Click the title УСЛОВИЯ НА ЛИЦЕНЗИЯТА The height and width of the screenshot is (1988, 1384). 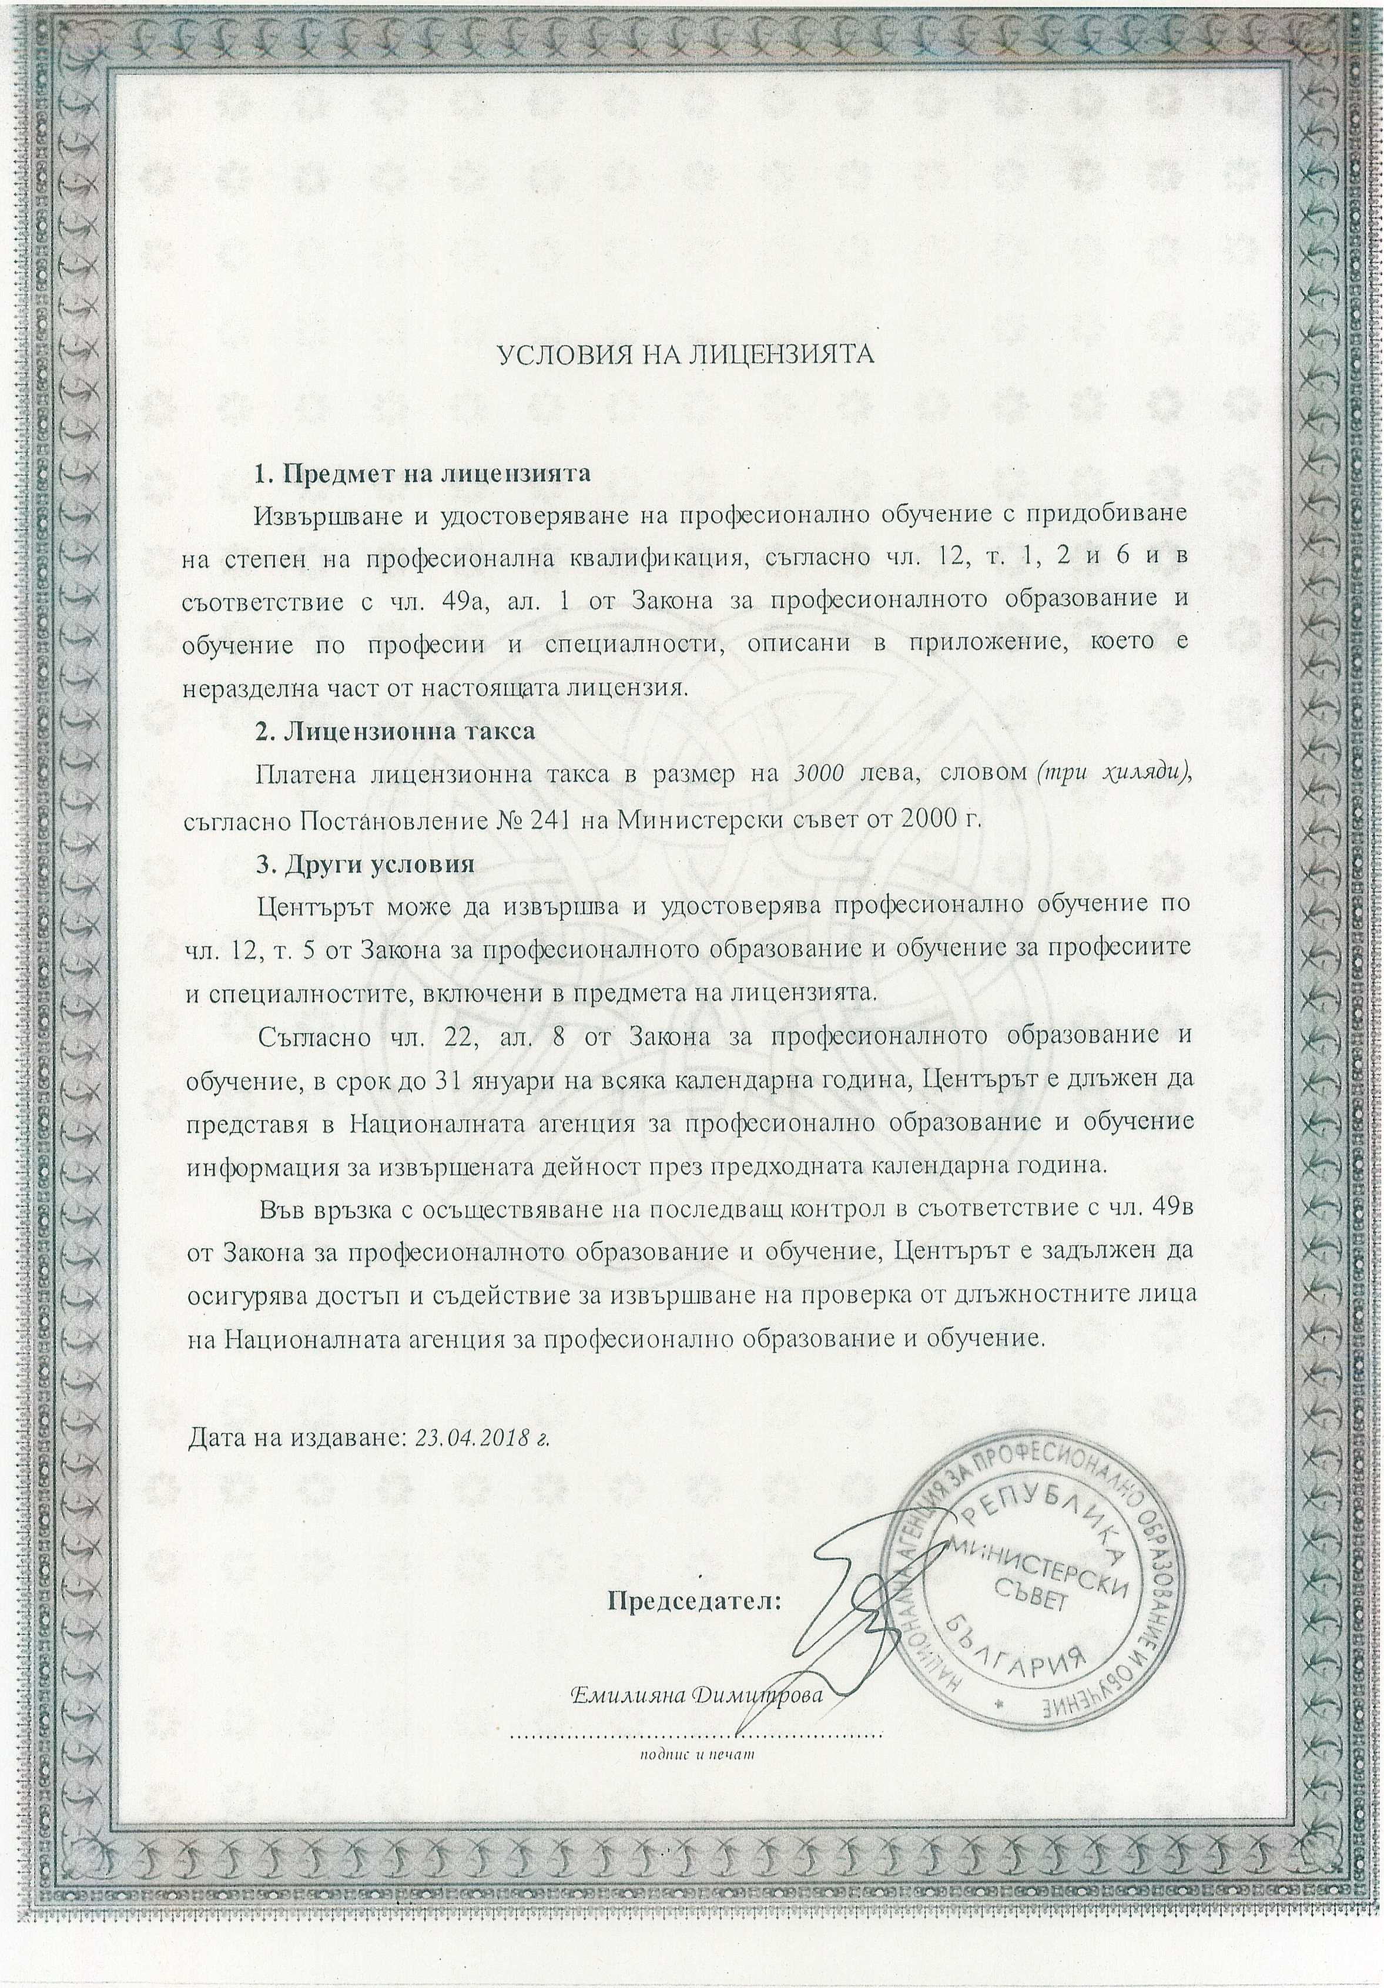coord(684,353)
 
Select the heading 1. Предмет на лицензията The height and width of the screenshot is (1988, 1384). coord(422,474)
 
